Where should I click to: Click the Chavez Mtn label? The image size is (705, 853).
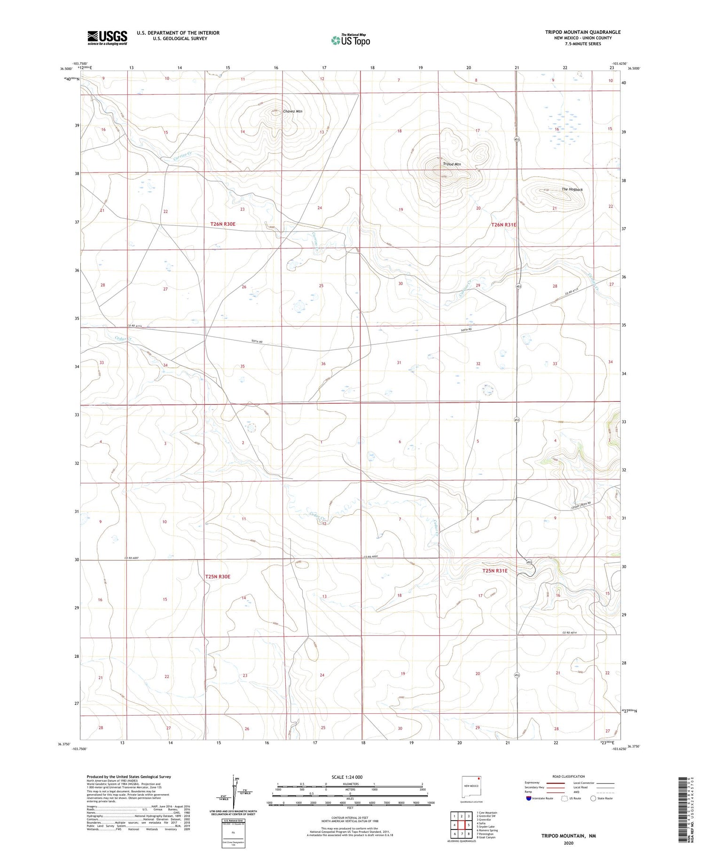292,112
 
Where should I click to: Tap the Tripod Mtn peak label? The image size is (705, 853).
452,164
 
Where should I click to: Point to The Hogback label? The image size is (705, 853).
572,190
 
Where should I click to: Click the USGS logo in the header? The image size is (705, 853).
107,38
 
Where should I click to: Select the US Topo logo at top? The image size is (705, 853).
351,40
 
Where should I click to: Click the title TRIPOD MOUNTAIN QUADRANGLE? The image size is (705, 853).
583,32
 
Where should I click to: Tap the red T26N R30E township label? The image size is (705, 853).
223,224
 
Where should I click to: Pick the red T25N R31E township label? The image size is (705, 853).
495,571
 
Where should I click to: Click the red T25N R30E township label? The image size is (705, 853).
218,576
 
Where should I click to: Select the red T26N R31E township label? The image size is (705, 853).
503,225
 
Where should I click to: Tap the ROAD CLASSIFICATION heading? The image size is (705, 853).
569,776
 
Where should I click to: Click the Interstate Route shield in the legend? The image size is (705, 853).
529,798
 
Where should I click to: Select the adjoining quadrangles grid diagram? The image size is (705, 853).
462,825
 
